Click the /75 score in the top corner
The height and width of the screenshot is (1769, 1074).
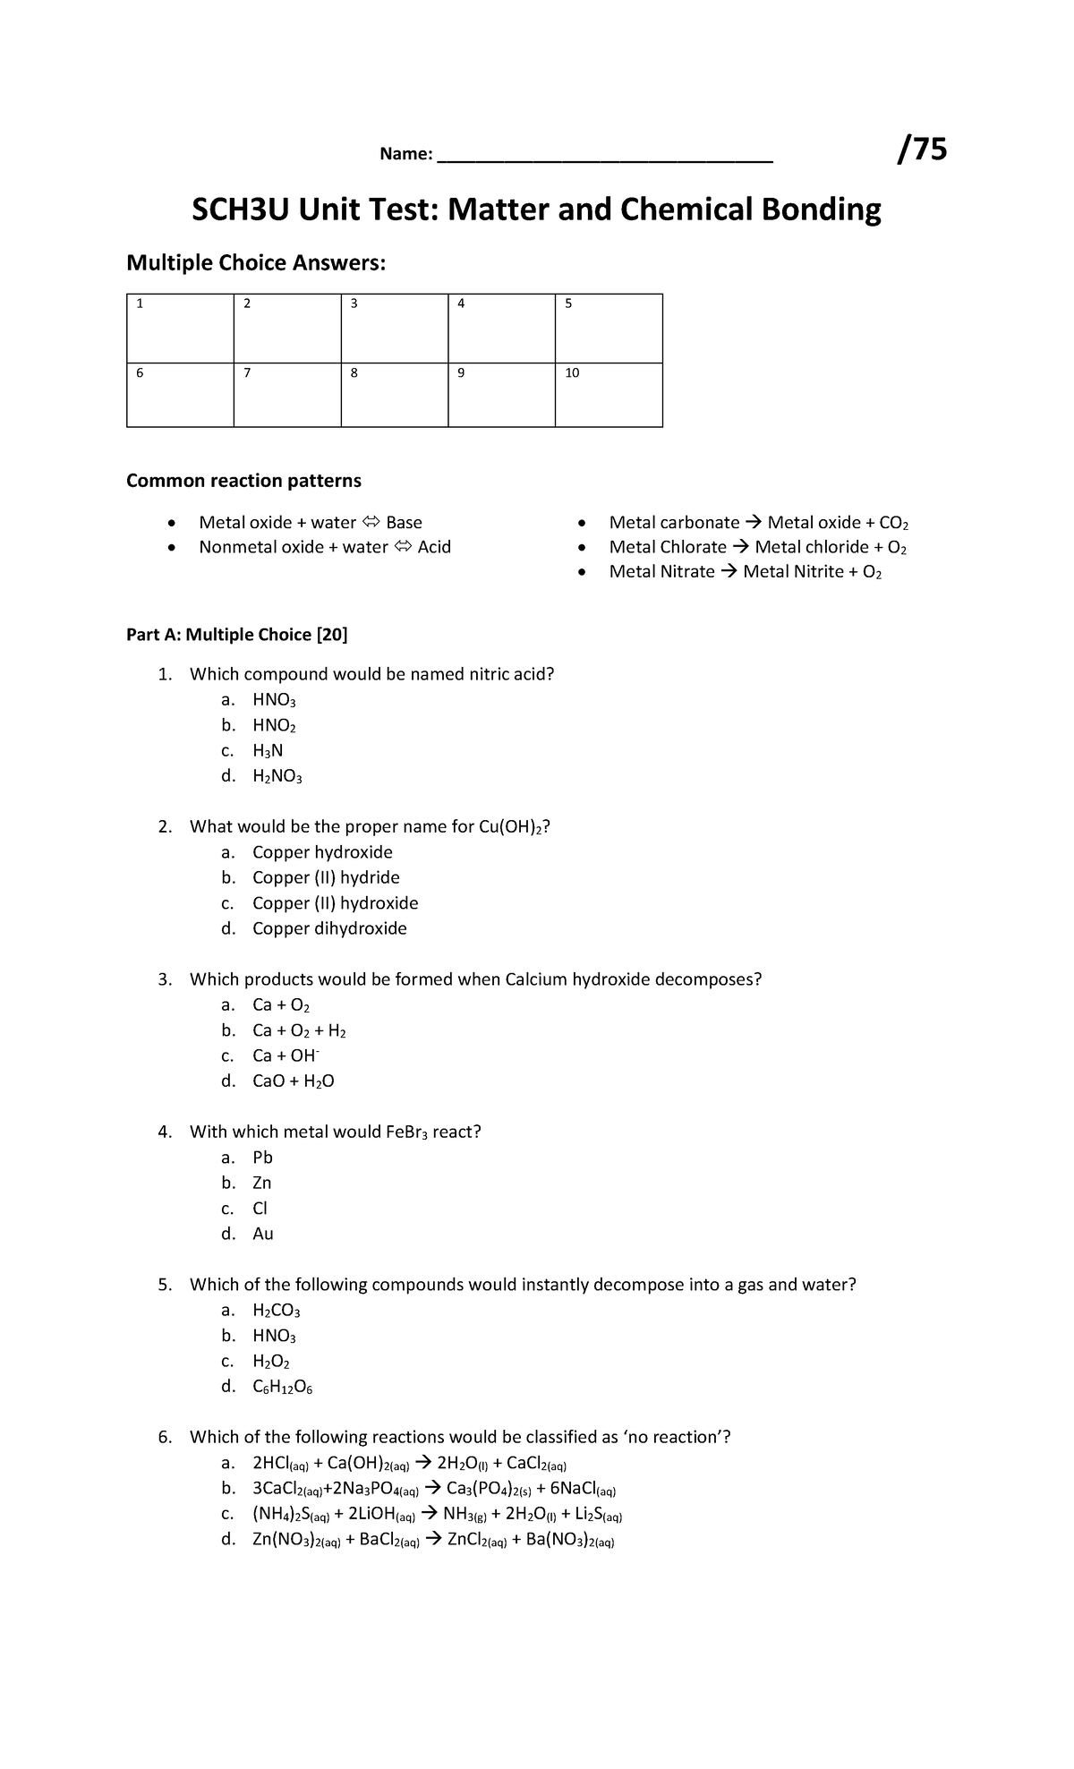pos(923,150)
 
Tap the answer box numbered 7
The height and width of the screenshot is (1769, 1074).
pos(286,395)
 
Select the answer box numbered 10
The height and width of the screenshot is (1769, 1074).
pos(608,395)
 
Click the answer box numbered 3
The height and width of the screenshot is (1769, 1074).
pos(394,328)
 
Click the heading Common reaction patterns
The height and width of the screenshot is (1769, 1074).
pos(243,481)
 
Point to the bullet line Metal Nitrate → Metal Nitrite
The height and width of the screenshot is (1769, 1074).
pos(745,572)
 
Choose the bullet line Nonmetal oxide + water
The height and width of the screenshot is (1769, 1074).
pos(324,547)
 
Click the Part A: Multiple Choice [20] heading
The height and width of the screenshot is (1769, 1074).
pos(237,635)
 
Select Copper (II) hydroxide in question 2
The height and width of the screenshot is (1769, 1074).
pos(335,903)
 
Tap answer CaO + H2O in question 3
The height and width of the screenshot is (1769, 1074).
pos(293,1081)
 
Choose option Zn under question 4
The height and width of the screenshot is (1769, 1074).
pos(261,1183)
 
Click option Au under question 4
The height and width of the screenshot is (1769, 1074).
pos(262,1234)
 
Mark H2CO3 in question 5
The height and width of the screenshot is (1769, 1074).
pos(276,1311)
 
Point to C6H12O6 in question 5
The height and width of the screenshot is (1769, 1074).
pos(282,1388)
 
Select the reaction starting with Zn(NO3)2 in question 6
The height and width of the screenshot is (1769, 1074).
pos(433,1540)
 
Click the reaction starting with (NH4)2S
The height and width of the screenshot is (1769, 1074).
pos(437,1515)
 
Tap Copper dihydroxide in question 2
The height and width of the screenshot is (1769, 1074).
pos(329,928)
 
